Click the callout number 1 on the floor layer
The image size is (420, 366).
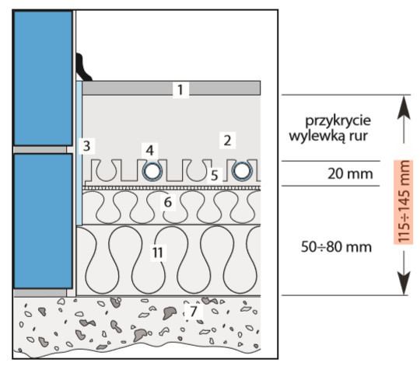click(x=180, y=89)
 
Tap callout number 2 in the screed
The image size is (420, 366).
click(x=227, y=140)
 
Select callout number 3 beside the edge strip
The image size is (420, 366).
click(x=86, y=146)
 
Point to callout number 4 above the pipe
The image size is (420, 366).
click(x=150, y=150)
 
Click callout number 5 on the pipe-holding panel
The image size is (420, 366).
click(x=215, y=176)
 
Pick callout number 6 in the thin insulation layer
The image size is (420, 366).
click(x=168, y=202)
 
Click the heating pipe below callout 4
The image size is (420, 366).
click(x=152, y=172)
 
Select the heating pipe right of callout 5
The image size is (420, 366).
click(x=242, y=172)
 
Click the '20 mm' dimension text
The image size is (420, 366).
click(x=350, y=174)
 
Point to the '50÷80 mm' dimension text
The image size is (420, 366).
click(x=336, y=247)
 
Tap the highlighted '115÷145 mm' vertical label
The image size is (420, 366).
click(x=404, y=202)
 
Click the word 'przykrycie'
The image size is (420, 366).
click(x=338, y=121)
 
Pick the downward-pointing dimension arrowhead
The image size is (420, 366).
click(x=404, y=284)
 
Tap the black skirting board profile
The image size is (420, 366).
click(x=82, y=67)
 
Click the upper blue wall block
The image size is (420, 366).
click(x=43, y=78)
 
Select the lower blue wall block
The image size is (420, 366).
click(x=43, y=221)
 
